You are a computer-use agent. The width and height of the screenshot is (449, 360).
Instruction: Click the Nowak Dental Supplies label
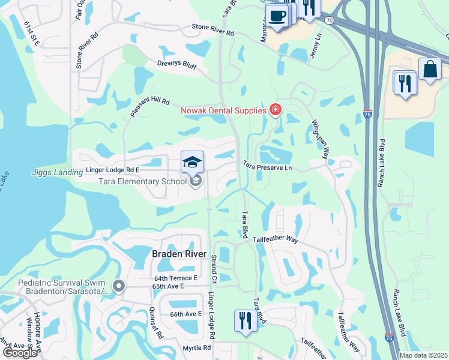[223, 110]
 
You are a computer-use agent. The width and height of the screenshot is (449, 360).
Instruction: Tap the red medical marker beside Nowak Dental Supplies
[276, 110]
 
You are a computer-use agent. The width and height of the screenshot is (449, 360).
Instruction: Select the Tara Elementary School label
[134, 181]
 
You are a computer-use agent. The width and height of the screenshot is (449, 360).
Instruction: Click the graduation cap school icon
[193, 162]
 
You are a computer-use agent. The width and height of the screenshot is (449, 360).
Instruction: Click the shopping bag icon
[430, 70]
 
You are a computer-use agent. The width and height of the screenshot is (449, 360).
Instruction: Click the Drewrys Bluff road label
[176, 65]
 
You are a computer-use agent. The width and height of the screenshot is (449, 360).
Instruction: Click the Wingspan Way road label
[319, 139]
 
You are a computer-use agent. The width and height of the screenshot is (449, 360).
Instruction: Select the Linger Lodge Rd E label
[113, 170]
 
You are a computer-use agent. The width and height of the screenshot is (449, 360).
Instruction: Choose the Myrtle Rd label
[197, 347]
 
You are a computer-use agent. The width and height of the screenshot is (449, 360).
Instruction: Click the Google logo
[20, 353]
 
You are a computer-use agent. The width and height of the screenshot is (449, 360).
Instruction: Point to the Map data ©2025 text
[424, 355]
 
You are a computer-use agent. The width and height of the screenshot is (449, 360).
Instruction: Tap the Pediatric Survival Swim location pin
[119, 287]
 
